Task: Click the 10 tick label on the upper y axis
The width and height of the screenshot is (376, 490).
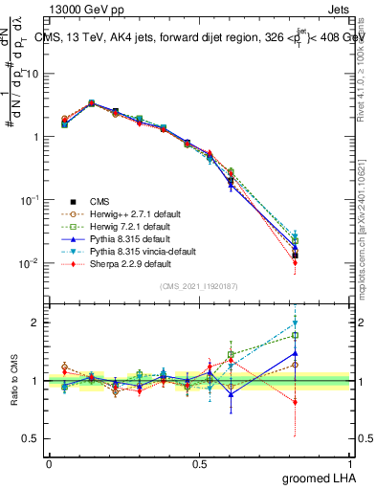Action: (32, 74)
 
